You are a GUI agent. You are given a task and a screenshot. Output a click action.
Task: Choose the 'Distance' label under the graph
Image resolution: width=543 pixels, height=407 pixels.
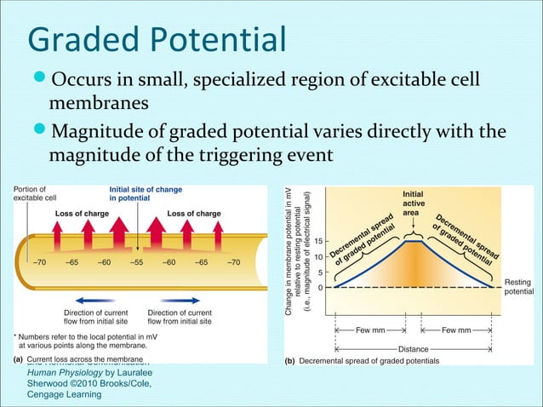[413, 348]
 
